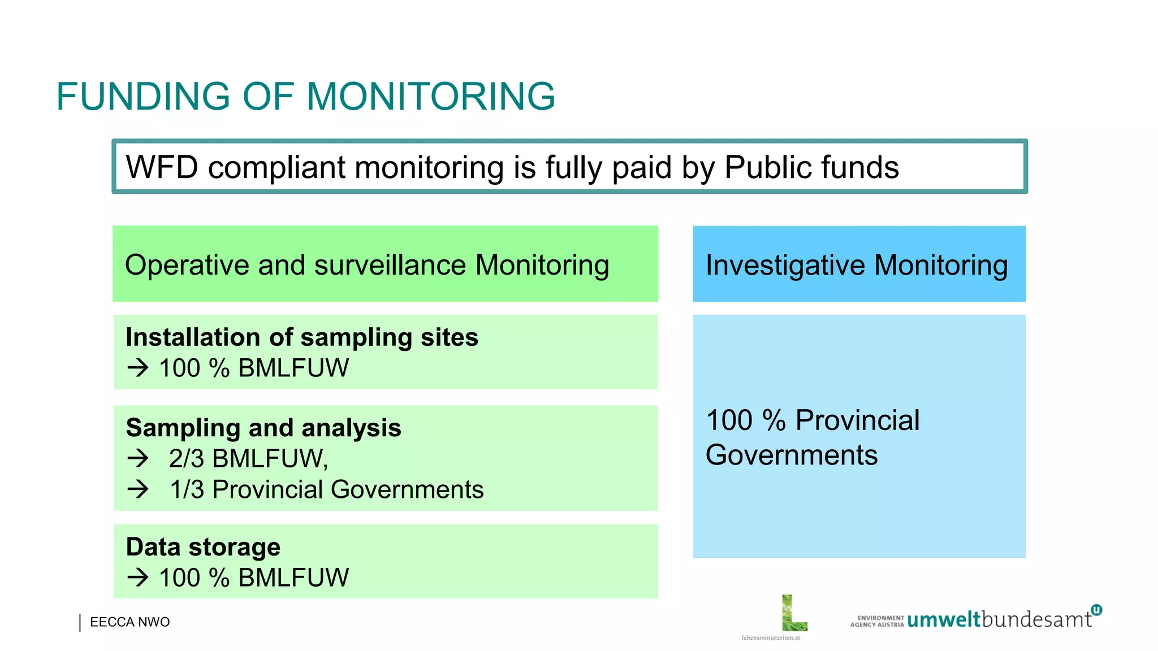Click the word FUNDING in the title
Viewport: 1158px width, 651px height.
[x=143, y=96]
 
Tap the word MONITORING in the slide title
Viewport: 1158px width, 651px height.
[x=430, y=96]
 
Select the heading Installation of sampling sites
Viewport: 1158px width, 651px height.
[x=302, y=337]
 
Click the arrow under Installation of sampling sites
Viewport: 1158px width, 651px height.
[x=137, y=368]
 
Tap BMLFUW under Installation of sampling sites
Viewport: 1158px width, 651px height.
[x=293, y=368]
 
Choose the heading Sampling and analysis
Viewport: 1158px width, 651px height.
[x=263, y=428]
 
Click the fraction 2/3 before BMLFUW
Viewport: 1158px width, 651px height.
[x=186, y=458]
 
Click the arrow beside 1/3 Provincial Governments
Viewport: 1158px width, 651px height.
[x=137, y=489]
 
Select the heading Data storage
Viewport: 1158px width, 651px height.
[x=203, y=547]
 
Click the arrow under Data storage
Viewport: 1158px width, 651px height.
[x=137, y=578]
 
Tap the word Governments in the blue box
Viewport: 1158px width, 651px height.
[x=792, y=455]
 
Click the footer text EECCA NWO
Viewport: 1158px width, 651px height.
[x=129, y=622]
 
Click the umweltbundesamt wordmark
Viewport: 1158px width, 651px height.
[x=999, y=620]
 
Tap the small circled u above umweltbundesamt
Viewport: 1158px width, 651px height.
[x=1096, y=610]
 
